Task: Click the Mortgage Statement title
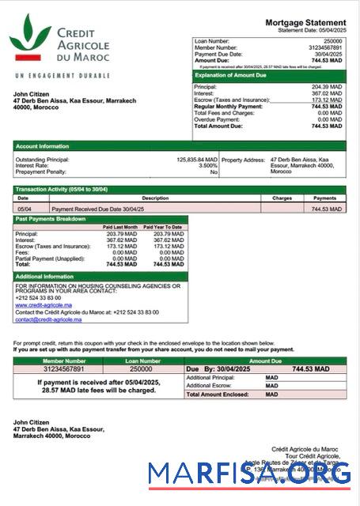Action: (305, 23)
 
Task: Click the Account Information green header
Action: (42, 146)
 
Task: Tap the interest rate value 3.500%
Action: (207, 165)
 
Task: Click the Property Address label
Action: (244, 159)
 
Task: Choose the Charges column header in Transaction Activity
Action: (282, 198)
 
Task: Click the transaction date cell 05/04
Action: (23, 209)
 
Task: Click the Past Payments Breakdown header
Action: (51, 218)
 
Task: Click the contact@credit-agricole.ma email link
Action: (48, 319)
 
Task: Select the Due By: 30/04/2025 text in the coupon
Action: (220, 369)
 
